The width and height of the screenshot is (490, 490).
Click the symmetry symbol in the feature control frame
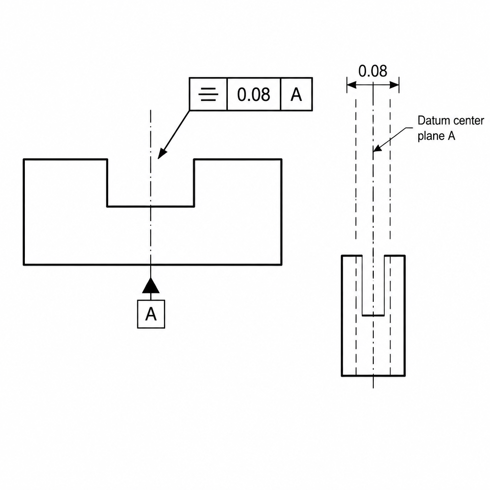click(208, 94)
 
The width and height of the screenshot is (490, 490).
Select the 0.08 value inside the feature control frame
click(254, 94)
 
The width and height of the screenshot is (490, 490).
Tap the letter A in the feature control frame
click(296, 94)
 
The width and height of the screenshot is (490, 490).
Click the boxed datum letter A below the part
click(151, 314)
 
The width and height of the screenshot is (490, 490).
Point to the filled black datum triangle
click(151, 286)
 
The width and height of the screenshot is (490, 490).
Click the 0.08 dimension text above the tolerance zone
click(372, 71)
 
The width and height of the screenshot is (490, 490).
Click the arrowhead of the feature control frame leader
click(162, 154)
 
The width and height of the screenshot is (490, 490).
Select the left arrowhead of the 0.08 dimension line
click(352, 85)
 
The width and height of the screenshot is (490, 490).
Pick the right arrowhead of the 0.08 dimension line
click(394, 85)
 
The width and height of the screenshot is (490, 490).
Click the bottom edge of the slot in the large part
click(151, 206)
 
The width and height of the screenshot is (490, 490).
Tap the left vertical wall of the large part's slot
click(107, 183)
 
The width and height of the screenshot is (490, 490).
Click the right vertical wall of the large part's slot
click(194, 183)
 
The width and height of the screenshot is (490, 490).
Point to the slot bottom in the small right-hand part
click(373, 315)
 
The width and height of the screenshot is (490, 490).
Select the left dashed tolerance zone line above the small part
click(356, 169)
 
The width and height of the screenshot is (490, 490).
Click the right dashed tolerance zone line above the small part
click(390, 169)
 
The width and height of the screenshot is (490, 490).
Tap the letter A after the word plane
click(452, 135)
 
